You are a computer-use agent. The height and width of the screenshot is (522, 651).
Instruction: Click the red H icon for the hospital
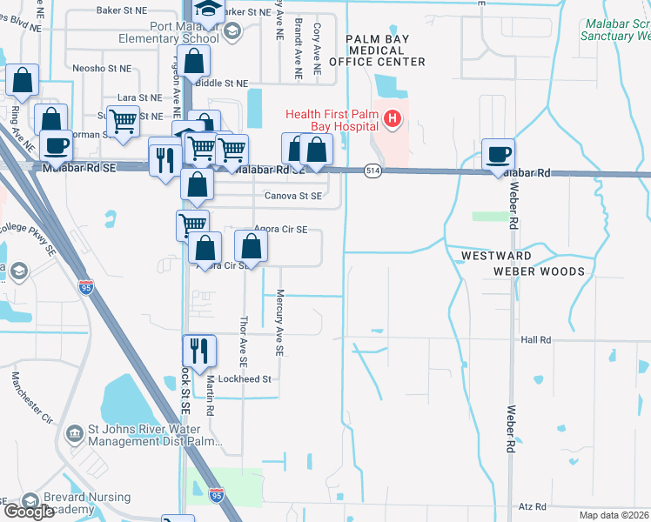(x=393, y=118)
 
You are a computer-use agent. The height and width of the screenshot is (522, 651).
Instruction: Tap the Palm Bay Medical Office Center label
(x=386, y=50)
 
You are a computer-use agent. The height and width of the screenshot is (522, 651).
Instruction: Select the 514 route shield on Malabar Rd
(x=372, y=171)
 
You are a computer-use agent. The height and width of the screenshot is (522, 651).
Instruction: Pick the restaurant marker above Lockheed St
(x=198, y=351)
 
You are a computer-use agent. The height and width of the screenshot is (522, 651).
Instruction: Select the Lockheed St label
(x=245, y=379)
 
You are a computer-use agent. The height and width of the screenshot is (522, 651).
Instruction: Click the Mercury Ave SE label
(x=279, y=323)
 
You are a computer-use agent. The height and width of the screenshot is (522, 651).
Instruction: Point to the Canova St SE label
(x=293, y=197)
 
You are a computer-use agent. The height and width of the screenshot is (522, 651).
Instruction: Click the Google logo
(x=29, y=512)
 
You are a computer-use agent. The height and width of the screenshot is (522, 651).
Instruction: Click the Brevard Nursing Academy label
(x=86, y=504)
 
